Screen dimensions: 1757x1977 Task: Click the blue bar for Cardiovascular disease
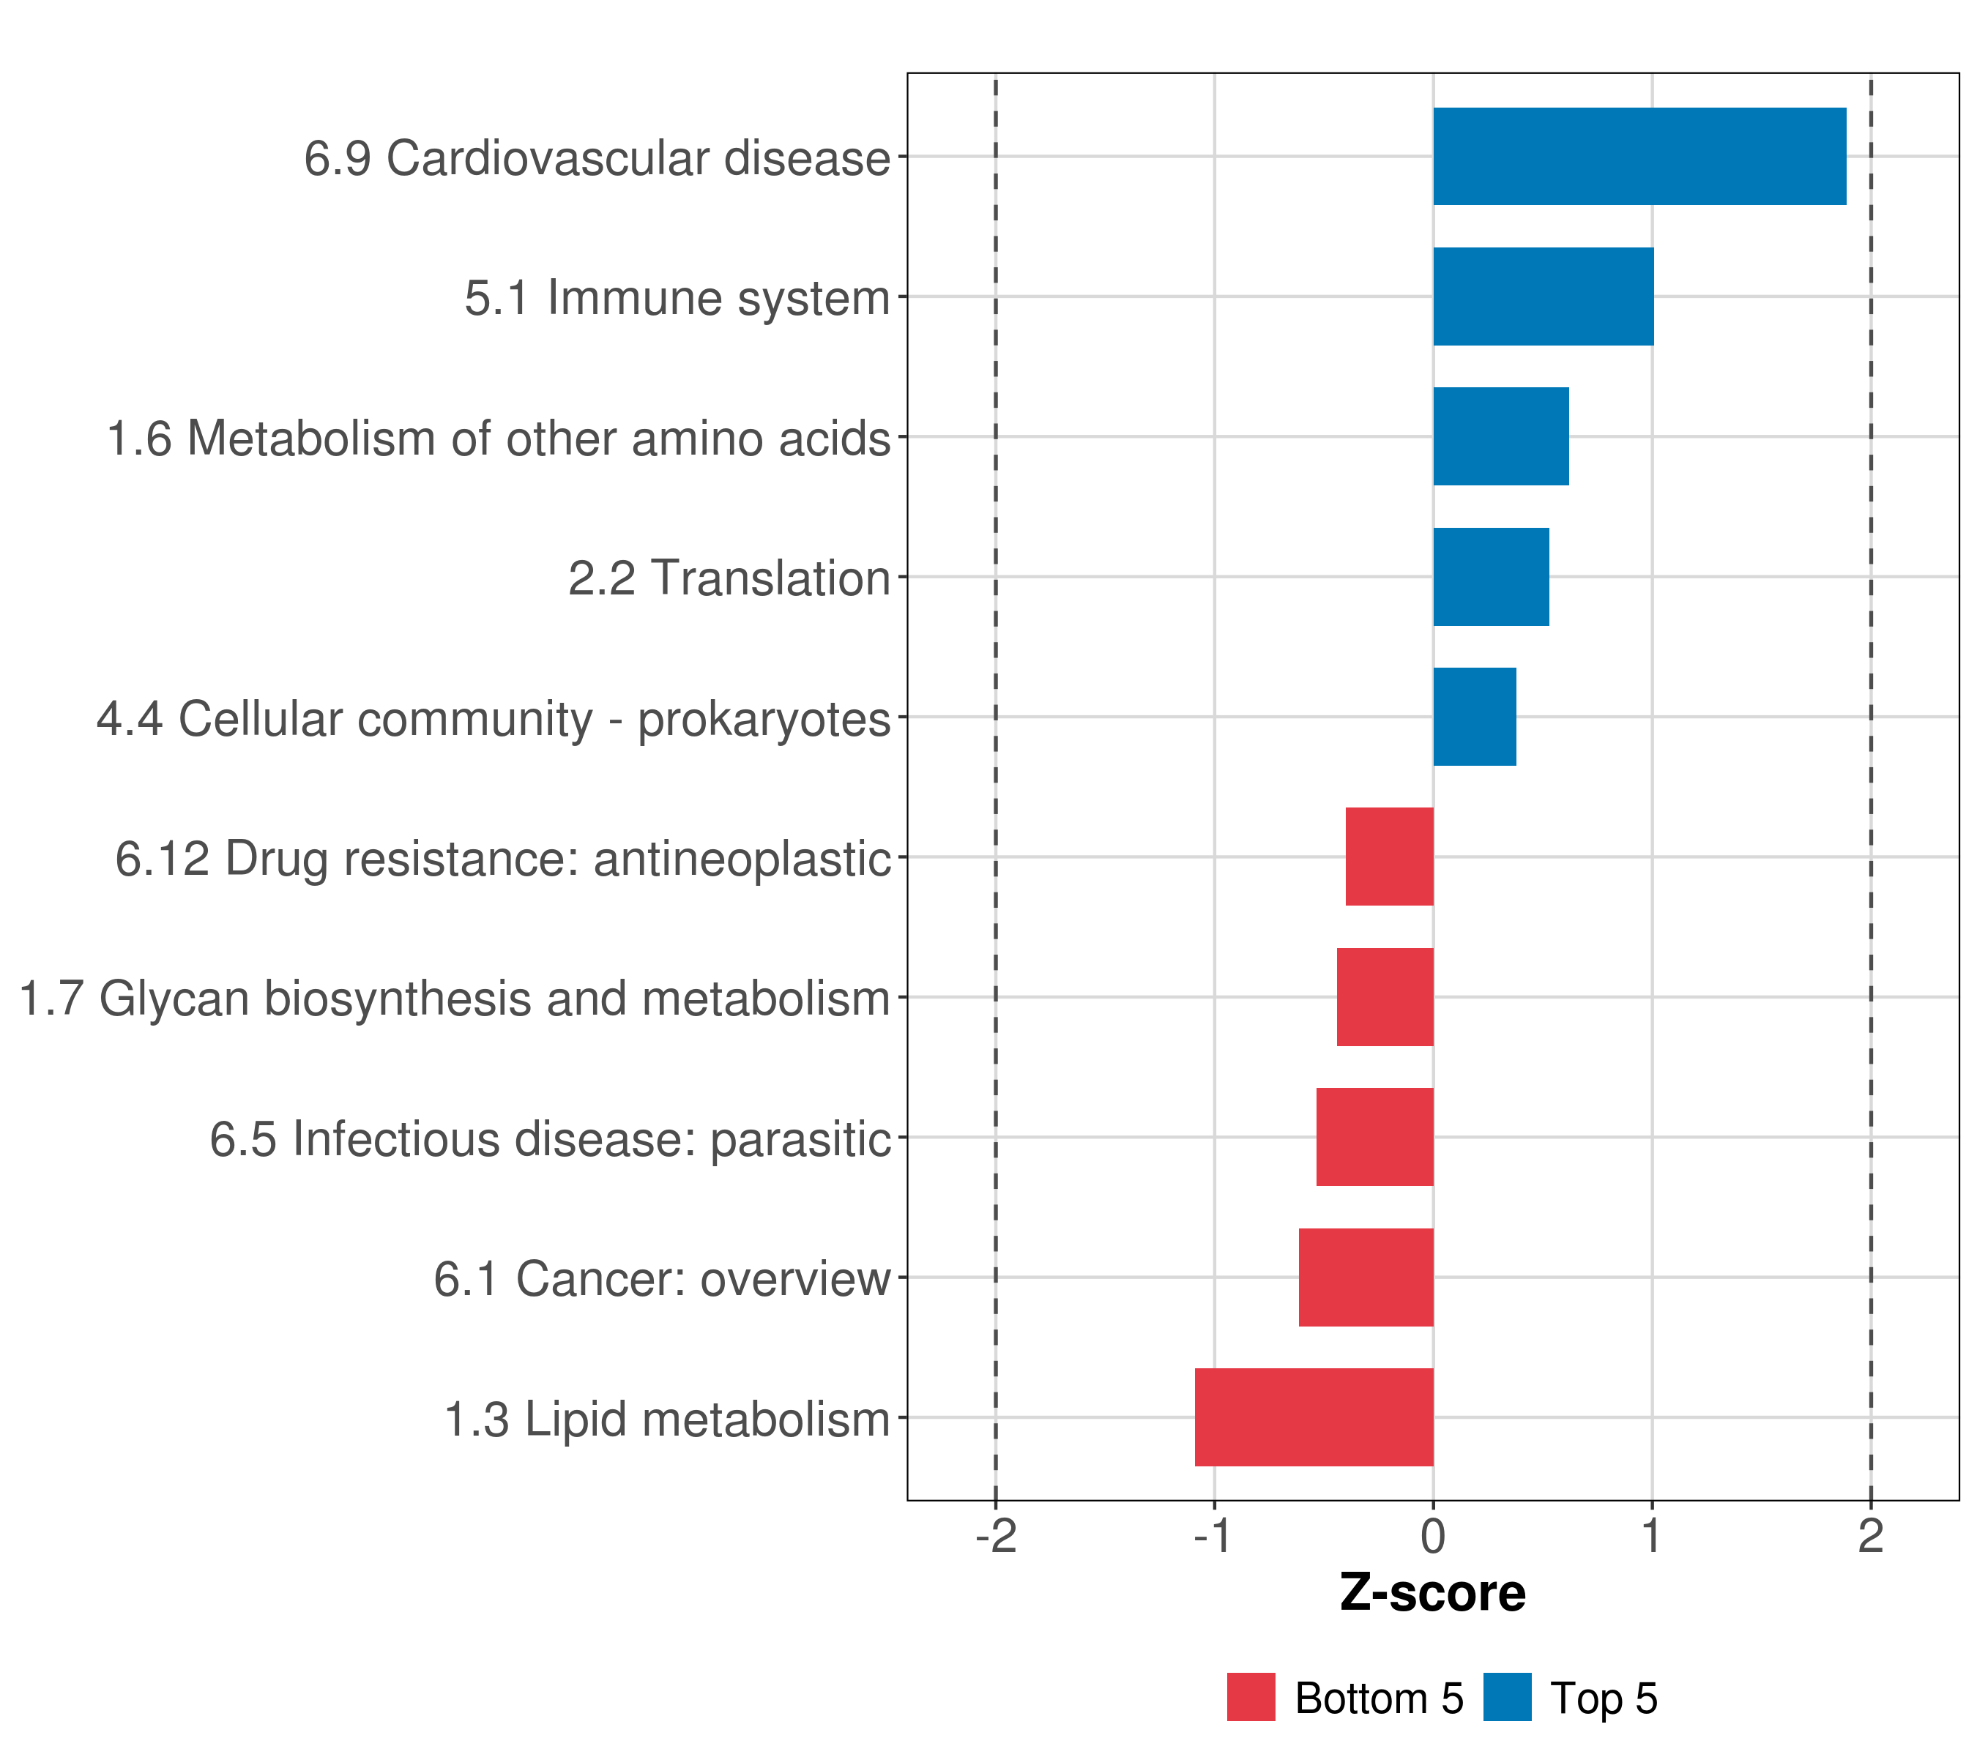[1639, 157]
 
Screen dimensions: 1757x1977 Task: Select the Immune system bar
[1543, 297]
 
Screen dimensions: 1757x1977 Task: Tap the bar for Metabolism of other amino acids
[1500, 437]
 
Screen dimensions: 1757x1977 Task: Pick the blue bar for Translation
[1491, 578]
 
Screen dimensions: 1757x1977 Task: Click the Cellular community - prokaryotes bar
[1474, 717]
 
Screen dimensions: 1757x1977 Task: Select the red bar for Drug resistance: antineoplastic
[1389, 857]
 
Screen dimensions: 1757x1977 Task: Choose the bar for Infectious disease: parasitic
[1374, 1137]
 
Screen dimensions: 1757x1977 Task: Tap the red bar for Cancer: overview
[1366, 1277]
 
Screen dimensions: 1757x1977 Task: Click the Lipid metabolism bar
[1314, 1417]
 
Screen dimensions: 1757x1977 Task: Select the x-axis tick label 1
[1651, 1537]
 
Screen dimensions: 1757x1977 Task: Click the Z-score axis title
[1432, 1594]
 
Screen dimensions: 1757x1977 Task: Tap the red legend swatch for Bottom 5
[1251, 1698]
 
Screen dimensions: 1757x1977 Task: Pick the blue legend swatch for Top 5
[1507, 1698]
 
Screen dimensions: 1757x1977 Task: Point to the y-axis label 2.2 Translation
[729, 579]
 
